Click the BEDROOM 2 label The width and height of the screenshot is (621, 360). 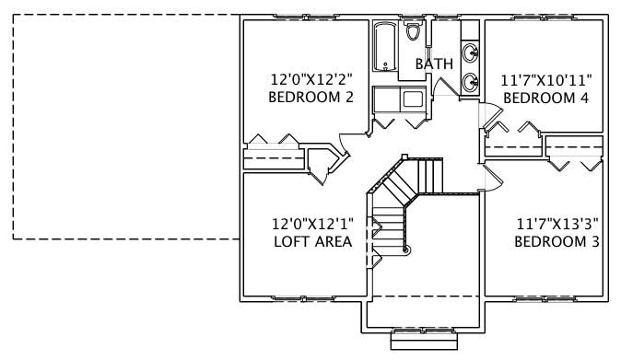point(310,97)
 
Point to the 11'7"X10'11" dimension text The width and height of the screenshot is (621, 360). point(545,80)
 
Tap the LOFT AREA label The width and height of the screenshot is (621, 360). point(312,241)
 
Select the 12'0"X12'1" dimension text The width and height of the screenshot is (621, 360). point(312,224)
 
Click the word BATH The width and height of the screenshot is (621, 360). point(434,64)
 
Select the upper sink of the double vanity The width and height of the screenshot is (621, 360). point(471,51)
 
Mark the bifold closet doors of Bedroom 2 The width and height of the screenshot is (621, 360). point(274,141)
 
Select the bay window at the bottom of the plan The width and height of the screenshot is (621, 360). point(424,339)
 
